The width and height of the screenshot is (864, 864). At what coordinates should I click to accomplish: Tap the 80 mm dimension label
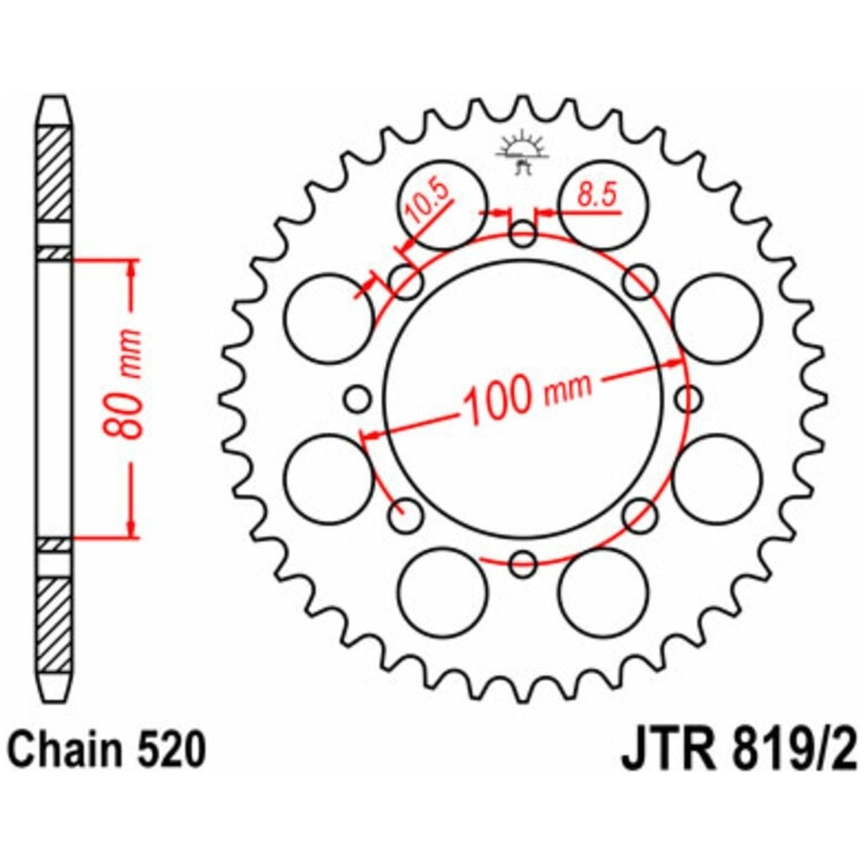click(x=124, y=385)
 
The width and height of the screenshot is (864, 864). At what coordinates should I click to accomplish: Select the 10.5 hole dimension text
click(x=428, y=205)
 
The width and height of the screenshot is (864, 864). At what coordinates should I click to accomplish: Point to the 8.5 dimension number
click(x=596, y=196)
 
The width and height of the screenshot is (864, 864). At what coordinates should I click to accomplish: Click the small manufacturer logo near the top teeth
click(x=522, y=151)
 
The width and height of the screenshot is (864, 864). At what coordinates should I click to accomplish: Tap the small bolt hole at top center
click(x=523, y=234)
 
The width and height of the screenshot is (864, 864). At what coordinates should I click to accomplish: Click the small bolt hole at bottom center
click(x=523, y=563)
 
